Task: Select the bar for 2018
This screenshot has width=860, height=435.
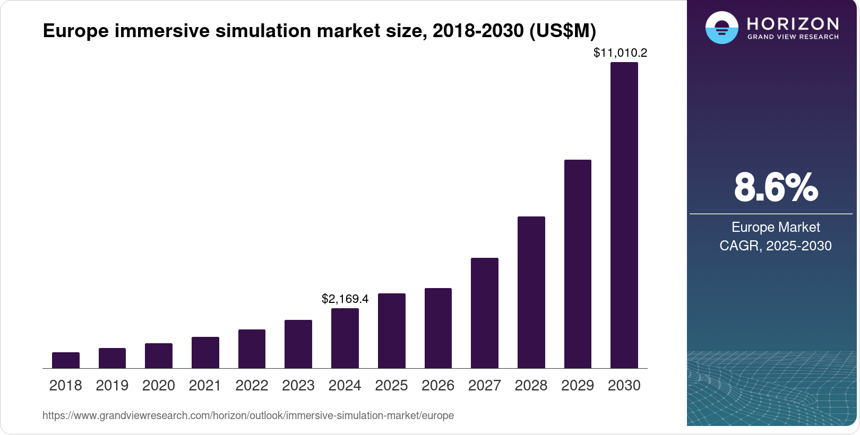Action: pos(66,360)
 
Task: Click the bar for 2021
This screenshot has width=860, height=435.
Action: pos(205,353)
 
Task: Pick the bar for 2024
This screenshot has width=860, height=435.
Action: pos(345,338)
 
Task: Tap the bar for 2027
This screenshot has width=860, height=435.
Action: pos(485,313)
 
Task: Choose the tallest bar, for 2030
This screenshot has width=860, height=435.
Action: pos(624,215)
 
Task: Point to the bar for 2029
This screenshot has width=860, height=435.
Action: pos(578,264)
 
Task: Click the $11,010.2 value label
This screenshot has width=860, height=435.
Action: pos(621,53)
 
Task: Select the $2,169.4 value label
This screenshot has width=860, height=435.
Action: pos(345,299)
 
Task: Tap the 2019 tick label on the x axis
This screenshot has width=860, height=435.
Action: pos(112,386)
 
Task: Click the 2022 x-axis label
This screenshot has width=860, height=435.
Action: pos(252,386)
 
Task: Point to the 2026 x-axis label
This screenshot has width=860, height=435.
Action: pos(438,386)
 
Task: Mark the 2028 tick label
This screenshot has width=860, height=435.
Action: pos(531,386)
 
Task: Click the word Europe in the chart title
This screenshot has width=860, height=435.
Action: pos(76,31)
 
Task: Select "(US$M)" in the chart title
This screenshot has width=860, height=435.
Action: pos(563,31)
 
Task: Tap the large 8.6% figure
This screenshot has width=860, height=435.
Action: pos(776,187)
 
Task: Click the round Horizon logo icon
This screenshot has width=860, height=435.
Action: pos(722,28)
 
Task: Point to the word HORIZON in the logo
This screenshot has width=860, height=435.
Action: pos(793,24)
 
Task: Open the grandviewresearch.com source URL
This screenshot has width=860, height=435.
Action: pos(248,415)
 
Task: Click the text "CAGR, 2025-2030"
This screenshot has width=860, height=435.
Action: pos(776,246)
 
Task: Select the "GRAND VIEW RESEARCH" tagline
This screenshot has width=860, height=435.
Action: pos(793,37)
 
